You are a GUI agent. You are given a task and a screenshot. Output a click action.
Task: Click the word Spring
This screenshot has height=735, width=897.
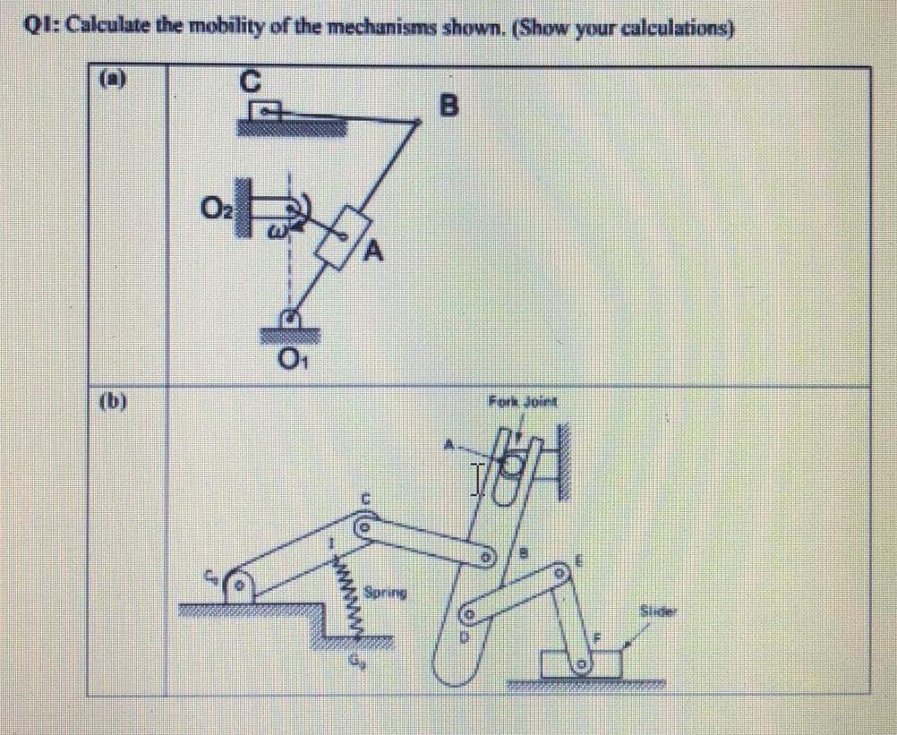[x=385, y=592]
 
